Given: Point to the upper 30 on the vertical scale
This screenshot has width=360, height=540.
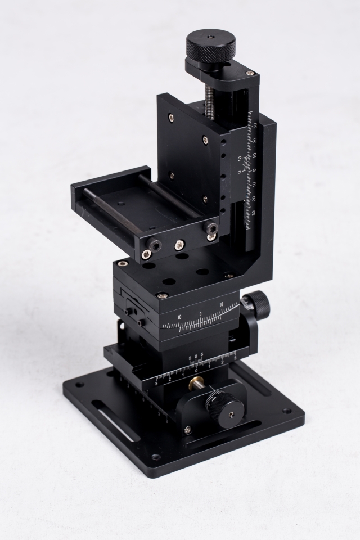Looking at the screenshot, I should pyautogui.click(x=255, y=126).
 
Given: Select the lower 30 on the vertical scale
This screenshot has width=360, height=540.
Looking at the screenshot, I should pyautogui.click(x=253, y=213).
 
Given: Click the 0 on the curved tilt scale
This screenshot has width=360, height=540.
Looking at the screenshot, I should pyautogui.click(x=200, y=314).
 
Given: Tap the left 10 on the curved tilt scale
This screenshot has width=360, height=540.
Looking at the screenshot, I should pyautogui.click(x=179, y=317).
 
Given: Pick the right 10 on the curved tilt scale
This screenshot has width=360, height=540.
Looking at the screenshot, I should pyautogui.click(x=222, y=305).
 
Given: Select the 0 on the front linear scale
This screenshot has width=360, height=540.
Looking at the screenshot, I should pyautogui.click(x=196, y=371).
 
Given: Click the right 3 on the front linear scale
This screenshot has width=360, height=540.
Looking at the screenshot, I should pyautogui.click(x=234, y=357).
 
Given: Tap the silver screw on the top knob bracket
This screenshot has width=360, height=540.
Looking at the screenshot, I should pyautogui.click(x=250, y=73).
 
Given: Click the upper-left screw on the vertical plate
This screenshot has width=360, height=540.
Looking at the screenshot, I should pyautogui.click(x=170, y=117).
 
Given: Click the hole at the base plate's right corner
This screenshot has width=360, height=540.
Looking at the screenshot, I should pyautogui.click(x=287, y=411).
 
